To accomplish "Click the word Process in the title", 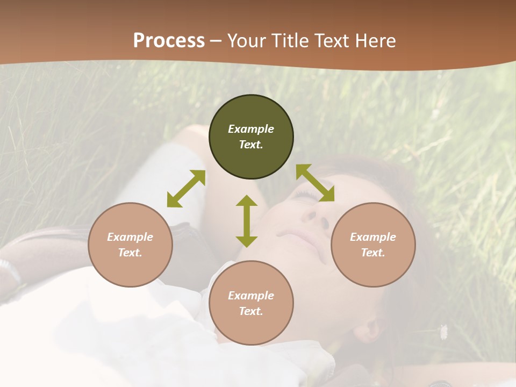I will (169, 41).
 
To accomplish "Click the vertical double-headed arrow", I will (247, 221).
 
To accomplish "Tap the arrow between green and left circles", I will (186, 189).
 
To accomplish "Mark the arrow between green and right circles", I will (315, 183).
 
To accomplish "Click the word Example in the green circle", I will (251, 129).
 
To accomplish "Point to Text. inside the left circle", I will (130, 253).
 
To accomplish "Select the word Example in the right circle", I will (373, 237).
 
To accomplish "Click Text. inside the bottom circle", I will (251, 311).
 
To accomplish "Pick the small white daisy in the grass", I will (444, 332).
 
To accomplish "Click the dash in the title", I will (216, 41).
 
